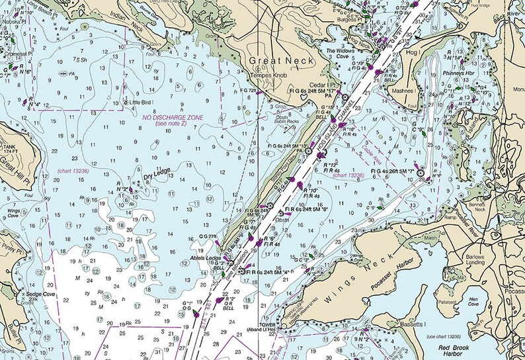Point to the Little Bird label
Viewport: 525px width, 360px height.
[140, 103]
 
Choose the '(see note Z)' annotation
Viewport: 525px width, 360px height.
[171, 124]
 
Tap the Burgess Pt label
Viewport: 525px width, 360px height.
[348, 20]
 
